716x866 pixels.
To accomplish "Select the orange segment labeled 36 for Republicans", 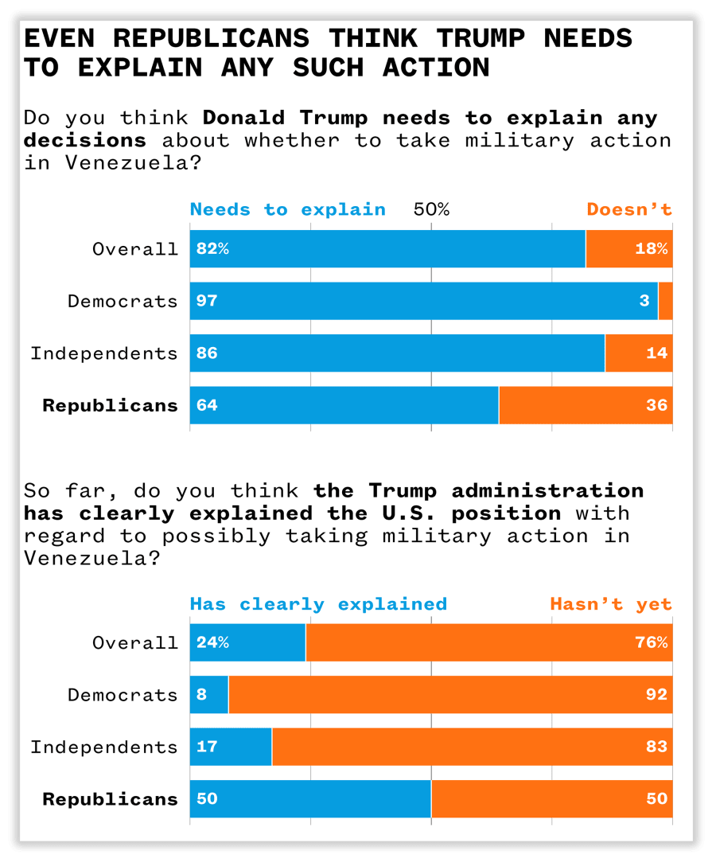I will coord(586,405).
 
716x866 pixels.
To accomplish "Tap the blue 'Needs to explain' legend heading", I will coord(287,210).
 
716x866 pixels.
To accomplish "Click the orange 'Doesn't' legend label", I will coord(629,210).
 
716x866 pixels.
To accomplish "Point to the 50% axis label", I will coord(431,210).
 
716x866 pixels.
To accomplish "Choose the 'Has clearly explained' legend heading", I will coord(318,604).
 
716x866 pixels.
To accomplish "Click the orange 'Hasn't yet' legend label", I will coord(611,604).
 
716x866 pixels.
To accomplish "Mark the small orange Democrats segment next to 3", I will coord(666,301).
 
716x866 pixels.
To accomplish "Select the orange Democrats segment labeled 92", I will coord(450,695).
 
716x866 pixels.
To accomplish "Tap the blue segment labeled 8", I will coord(208,695).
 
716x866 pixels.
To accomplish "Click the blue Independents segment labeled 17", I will coord(231,747).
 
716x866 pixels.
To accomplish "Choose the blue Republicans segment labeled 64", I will coord(344,405).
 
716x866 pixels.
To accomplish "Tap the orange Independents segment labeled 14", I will coord(639,353).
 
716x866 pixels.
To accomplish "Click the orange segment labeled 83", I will coord(472,747).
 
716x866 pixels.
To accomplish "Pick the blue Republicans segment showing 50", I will coord(310,799).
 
